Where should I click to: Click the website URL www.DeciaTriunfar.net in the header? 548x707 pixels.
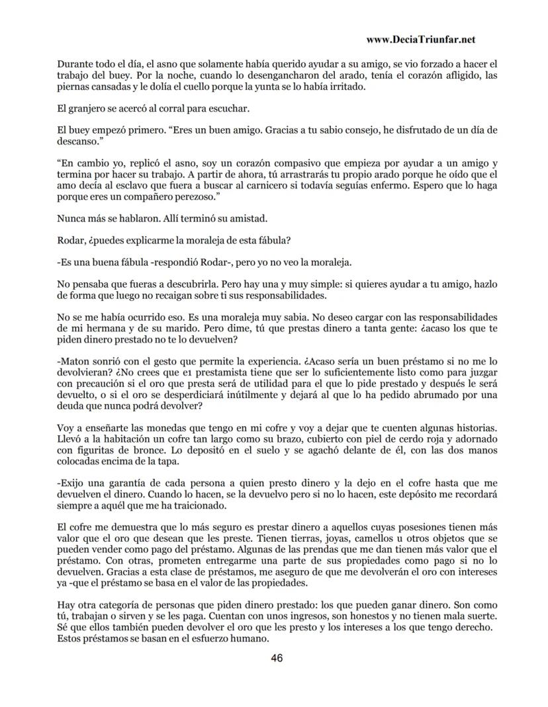pos(420,40)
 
